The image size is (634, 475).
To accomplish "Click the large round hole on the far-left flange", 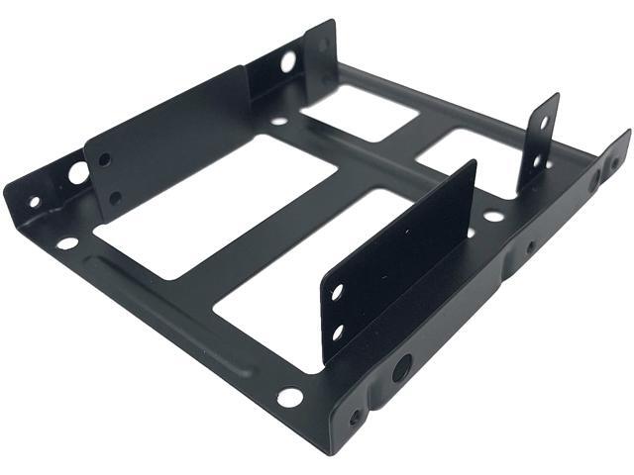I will [x=77, y=172].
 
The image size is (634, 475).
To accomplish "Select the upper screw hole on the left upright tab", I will [x=103, y=158].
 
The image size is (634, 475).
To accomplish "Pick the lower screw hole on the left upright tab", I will [x=115, y=198].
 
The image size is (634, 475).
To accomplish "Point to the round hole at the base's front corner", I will [x=288, y=397].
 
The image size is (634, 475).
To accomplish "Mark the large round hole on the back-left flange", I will [x=287, y=62].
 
